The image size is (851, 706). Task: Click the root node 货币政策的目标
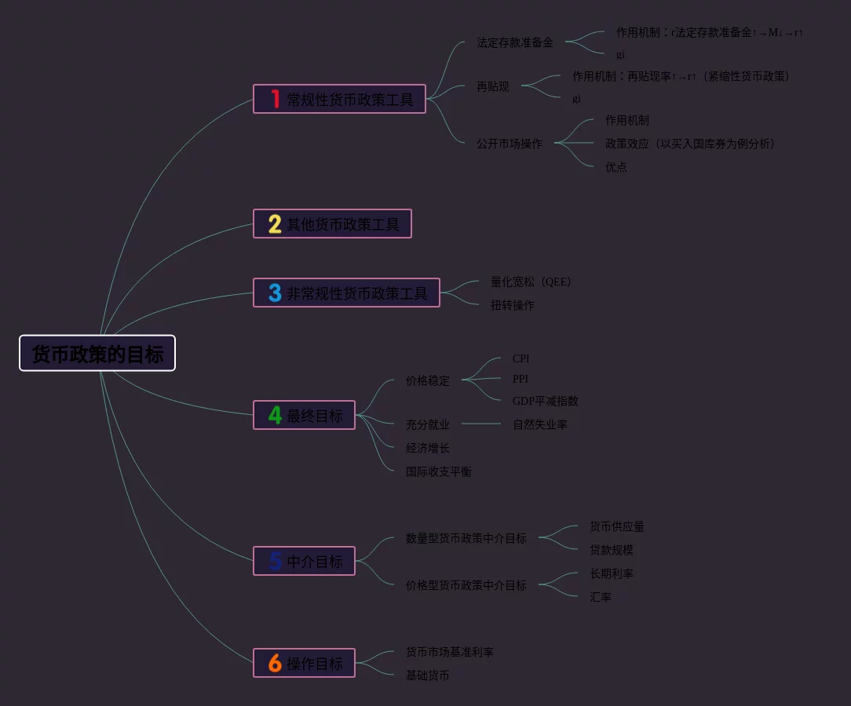pyautogui.click(x=97, y=354)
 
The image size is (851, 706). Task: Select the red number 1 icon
pyautogui.click(x=276, y=99)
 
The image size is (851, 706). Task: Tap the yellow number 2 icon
pyautogui.click(x=275, y=224)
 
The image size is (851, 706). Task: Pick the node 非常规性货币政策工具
pyautogui.click(x=356, y=293)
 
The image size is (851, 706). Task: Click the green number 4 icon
pyautogui.click(x=275, y=415)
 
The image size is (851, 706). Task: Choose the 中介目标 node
pyautogui.click(x=314, y=562)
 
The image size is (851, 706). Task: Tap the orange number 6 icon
pyautogui.click(x=275, y=664)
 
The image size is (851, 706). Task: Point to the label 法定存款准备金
pyautogui.click(x=515, y=42)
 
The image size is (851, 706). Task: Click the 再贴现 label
pyautogui.click(x=493, y=86)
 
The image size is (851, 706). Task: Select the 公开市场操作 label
pyautogui.click(x=510, y=144)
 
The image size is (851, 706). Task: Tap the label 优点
pyautogui.click(x=616, y=167)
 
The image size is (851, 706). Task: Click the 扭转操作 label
pyautogui.click(x=513, y=305)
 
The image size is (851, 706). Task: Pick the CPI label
pyautogui.click(x=521, y=358)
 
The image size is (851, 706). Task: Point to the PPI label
pyautogui.click(x=520, y=379)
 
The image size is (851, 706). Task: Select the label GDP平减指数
pyautogui.click(x=546, y=401)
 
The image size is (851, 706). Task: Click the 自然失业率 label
pyautogui.click(x=540, y=424)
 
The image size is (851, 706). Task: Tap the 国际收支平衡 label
pyautogui.click(x=439, y=471)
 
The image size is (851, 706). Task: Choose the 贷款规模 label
pyautogui.click(x=612, y=550)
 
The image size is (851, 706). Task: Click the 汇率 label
pyautogui.click(x=601, y=597)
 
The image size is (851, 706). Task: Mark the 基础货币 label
pyautogui.click(x=428, y=675)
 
